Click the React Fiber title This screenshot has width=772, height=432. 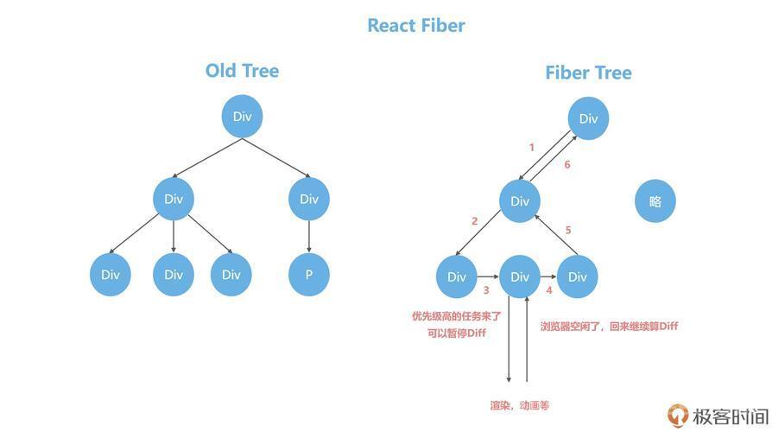pyautogui.click(x=416, y=26)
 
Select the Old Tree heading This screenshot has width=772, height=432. pyautogui.click(x=242, y=71)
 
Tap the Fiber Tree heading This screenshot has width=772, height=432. pyautogui.click(x=588, y=73)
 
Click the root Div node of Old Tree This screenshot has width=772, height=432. pyautogui.click(x=243, y=117)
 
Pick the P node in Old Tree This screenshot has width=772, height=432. pyautogui.click(x=309, y=275)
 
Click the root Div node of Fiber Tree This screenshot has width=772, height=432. pyautogui.click(x=588, y=118)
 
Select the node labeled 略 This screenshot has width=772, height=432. pyautogui.click(x=655, y=201)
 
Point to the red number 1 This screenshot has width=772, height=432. pyautogui.click(x=532, y=147)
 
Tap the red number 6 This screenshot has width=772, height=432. pyautogui.click(x=567, y=164)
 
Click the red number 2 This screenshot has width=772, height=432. pyautogui.click(x=475, y=221)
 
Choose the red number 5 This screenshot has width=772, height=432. pyautogui.click(x=568, y=230)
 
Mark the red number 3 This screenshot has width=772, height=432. pyautogui.click(x=486, y=290)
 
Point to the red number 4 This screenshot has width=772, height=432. pyautogui.click(x=549, y=290)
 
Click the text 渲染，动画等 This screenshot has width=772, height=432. pyautogui.click(x=520, y=405)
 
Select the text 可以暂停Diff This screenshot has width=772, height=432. pyautogui.click(x=457, y=333)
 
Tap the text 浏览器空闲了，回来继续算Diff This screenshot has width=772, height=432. pyautogui.click(x=609, y=326)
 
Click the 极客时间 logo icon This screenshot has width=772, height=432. pyautogui.click(x=678, y=416)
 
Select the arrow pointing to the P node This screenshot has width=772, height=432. pyautogui.click(x=309, y=237)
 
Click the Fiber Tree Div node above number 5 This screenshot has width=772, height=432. pyautogui.click(x=520, y=201)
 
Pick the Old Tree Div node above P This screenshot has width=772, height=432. pyautogui.click(x=309, y=199)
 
